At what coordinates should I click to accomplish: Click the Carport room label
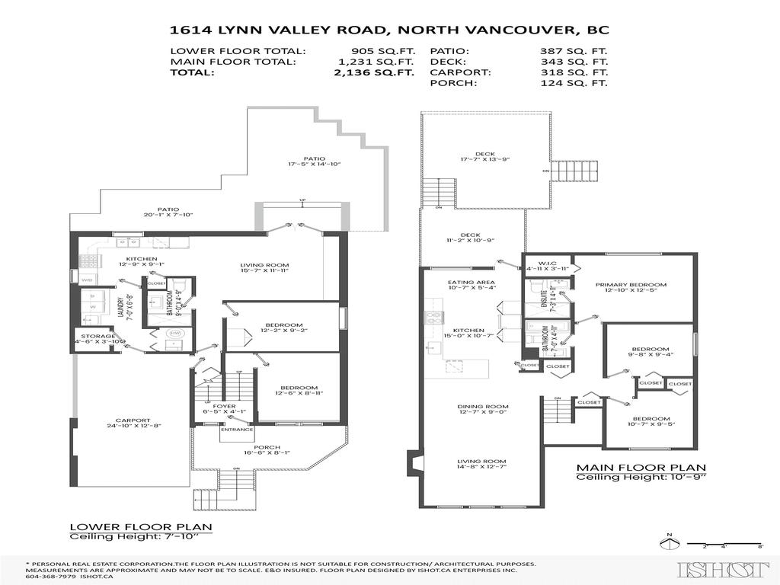[x=133, y=420]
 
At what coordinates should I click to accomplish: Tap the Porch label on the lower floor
[x=246, y=447]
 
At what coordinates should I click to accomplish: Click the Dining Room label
[x=482, y=406]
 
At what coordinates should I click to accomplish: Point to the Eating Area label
[x=471, y=282]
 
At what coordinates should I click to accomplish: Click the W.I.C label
[x=542, y=261]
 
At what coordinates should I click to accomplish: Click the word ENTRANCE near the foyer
[x=236, y=430]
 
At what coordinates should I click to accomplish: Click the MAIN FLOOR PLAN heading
[x=641, y=468]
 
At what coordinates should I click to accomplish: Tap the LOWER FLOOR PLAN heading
[x=141, y=526]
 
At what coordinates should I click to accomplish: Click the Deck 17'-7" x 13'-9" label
[x=484, y=157]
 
